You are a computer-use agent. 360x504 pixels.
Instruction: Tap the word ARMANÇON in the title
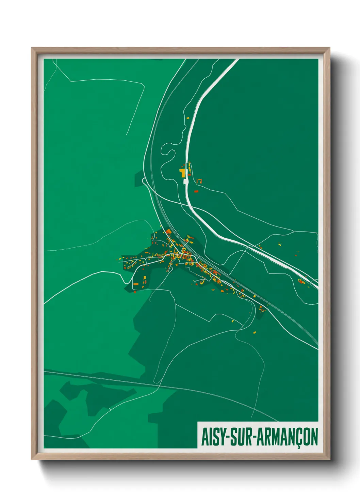287,437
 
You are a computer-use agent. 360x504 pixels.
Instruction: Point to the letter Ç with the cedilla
298,438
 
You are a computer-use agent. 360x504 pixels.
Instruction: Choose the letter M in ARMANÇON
275,437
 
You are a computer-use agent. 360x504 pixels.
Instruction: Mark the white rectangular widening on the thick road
186,182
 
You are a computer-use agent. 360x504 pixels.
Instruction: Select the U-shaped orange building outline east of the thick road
199,181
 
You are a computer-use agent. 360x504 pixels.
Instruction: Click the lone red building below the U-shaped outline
196,191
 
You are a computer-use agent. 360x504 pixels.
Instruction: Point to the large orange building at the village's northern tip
168,232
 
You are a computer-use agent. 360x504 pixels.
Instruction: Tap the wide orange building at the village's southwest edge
136,283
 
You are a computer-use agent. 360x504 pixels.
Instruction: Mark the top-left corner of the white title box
198,423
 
